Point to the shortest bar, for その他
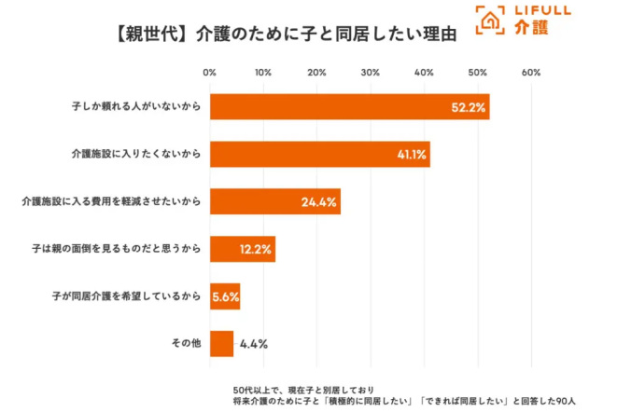click(221, 344)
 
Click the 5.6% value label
click(225, 296)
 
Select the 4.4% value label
click(254, 344)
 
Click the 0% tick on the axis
click(210, 73)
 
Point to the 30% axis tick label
click(371, 73)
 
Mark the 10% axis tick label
click(263, 73)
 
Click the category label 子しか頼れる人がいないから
click(136, 106)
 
